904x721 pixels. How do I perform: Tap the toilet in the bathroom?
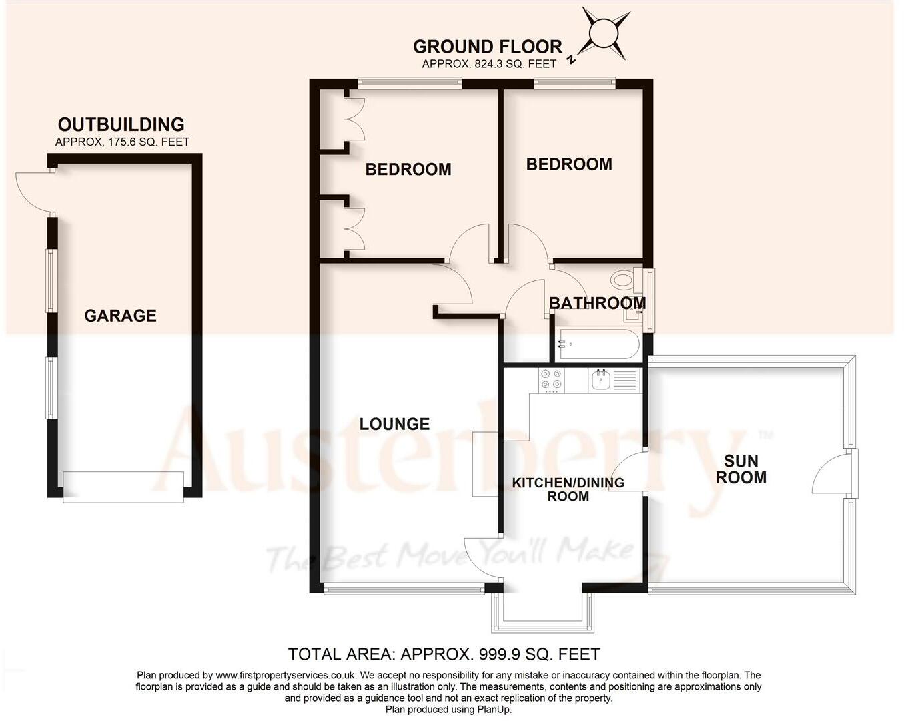point(624,279)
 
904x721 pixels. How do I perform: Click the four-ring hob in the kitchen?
point(551,380)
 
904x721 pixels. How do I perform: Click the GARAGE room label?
point(120,316)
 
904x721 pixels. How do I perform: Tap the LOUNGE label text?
point(394,424)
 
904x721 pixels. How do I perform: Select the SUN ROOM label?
point(741,469)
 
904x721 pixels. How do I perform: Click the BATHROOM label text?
point(597,303)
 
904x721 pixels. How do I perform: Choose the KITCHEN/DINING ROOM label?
point(568,489)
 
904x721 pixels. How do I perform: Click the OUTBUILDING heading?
point(121,125)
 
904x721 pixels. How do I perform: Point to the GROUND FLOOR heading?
point(487,47)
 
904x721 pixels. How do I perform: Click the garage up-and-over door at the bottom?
point(123,486)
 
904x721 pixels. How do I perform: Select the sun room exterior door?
point(834,473)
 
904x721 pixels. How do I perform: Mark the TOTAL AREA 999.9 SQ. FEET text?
point(444,654)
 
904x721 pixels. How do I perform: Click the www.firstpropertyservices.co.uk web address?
point(286,676)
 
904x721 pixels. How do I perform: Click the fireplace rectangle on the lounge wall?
point(486,464)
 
